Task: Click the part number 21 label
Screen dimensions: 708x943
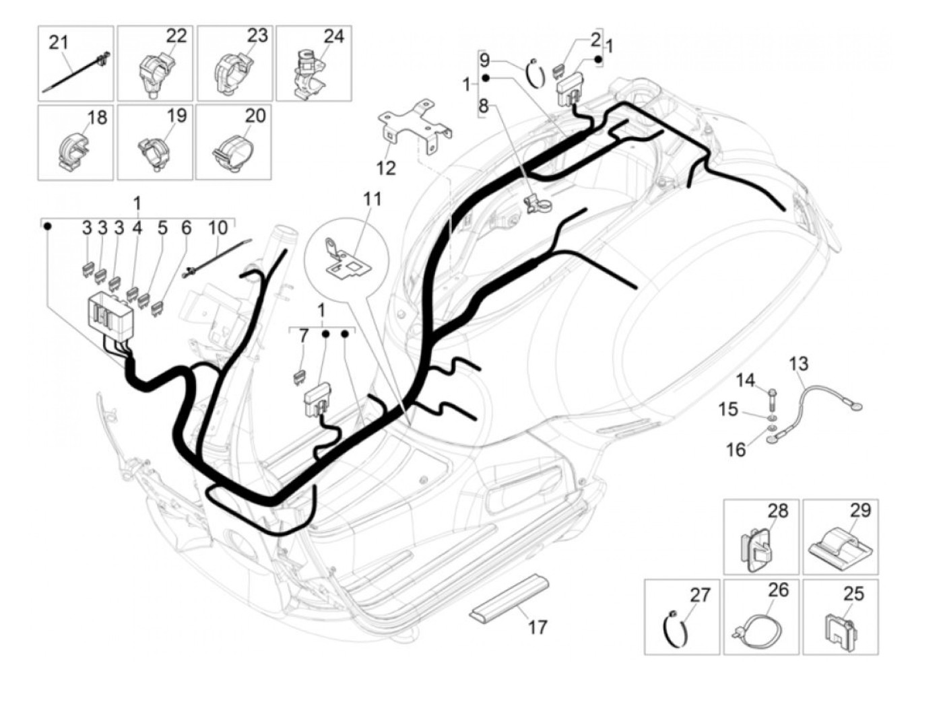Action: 59,42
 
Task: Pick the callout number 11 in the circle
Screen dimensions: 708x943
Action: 372,199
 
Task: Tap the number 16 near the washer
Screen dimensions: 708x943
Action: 736,449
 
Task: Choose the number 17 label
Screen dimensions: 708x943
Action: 537,627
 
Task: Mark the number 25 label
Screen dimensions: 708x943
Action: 853,594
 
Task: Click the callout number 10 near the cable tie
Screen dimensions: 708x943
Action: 218,228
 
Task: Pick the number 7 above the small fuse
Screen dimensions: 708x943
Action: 304,335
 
